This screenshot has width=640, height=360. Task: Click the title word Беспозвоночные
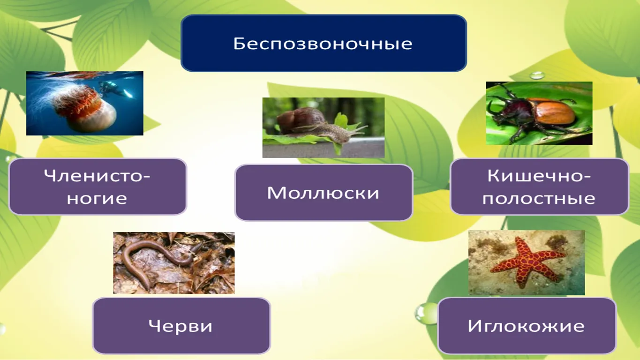pyautogui.click(x=323, y=44)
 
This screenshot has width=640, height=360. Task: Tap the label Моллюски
pyautogui.click(x=323, y=193)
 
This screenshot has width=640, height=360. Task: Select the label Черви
pyautogui.click(x=181, y=326)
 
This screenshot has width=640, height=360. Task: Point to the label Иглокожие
pyautogui.click(x=526, y=326)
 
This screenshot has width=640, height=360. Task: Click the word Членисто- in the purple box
pyautogui.click(x=97, y=175)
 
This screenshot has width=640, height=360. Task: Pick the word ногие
pyautogui.click(x=97, y=198)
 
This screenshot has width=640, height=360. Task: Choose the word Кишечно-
pyautogui.click(x=539, y=175)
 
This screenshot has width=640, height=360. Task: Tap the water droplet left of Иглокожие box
pyautogui.click(x=423, y=314)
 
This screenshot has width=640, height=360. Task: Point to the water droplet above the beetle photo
pyautogui.click(x=537, y=76)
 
